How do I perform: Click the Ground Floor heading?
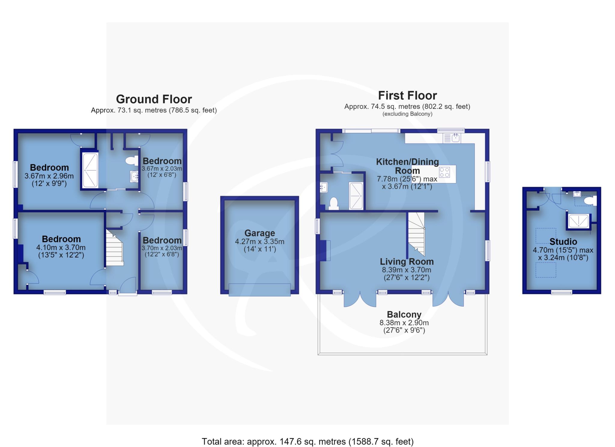tap(154, 99)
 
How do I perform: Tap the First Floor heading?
tap(407, 95)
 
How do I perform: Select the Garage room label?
tap(259, 233)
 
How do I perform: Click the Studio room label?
tap(563, 242)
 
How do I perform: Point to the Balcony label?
tap(404, 314)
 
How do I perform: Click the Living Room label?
tap(407, 261)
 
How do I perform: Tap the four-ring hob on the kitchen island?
tap(444, 172)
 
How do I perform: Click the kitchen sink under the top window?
tap(452, 138)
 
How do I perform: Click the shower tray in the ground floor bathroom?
tap(90, 170)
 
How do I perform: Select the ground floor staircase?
tap(114, 248)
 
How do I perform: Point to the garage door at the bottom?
tap(259, 290)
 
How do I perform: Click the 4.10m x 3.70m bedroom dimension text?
tap(61, 248)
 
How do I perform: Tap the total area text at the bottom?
tap(307, 441)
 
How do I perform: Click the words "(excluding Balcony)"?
tap(407, 114)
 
